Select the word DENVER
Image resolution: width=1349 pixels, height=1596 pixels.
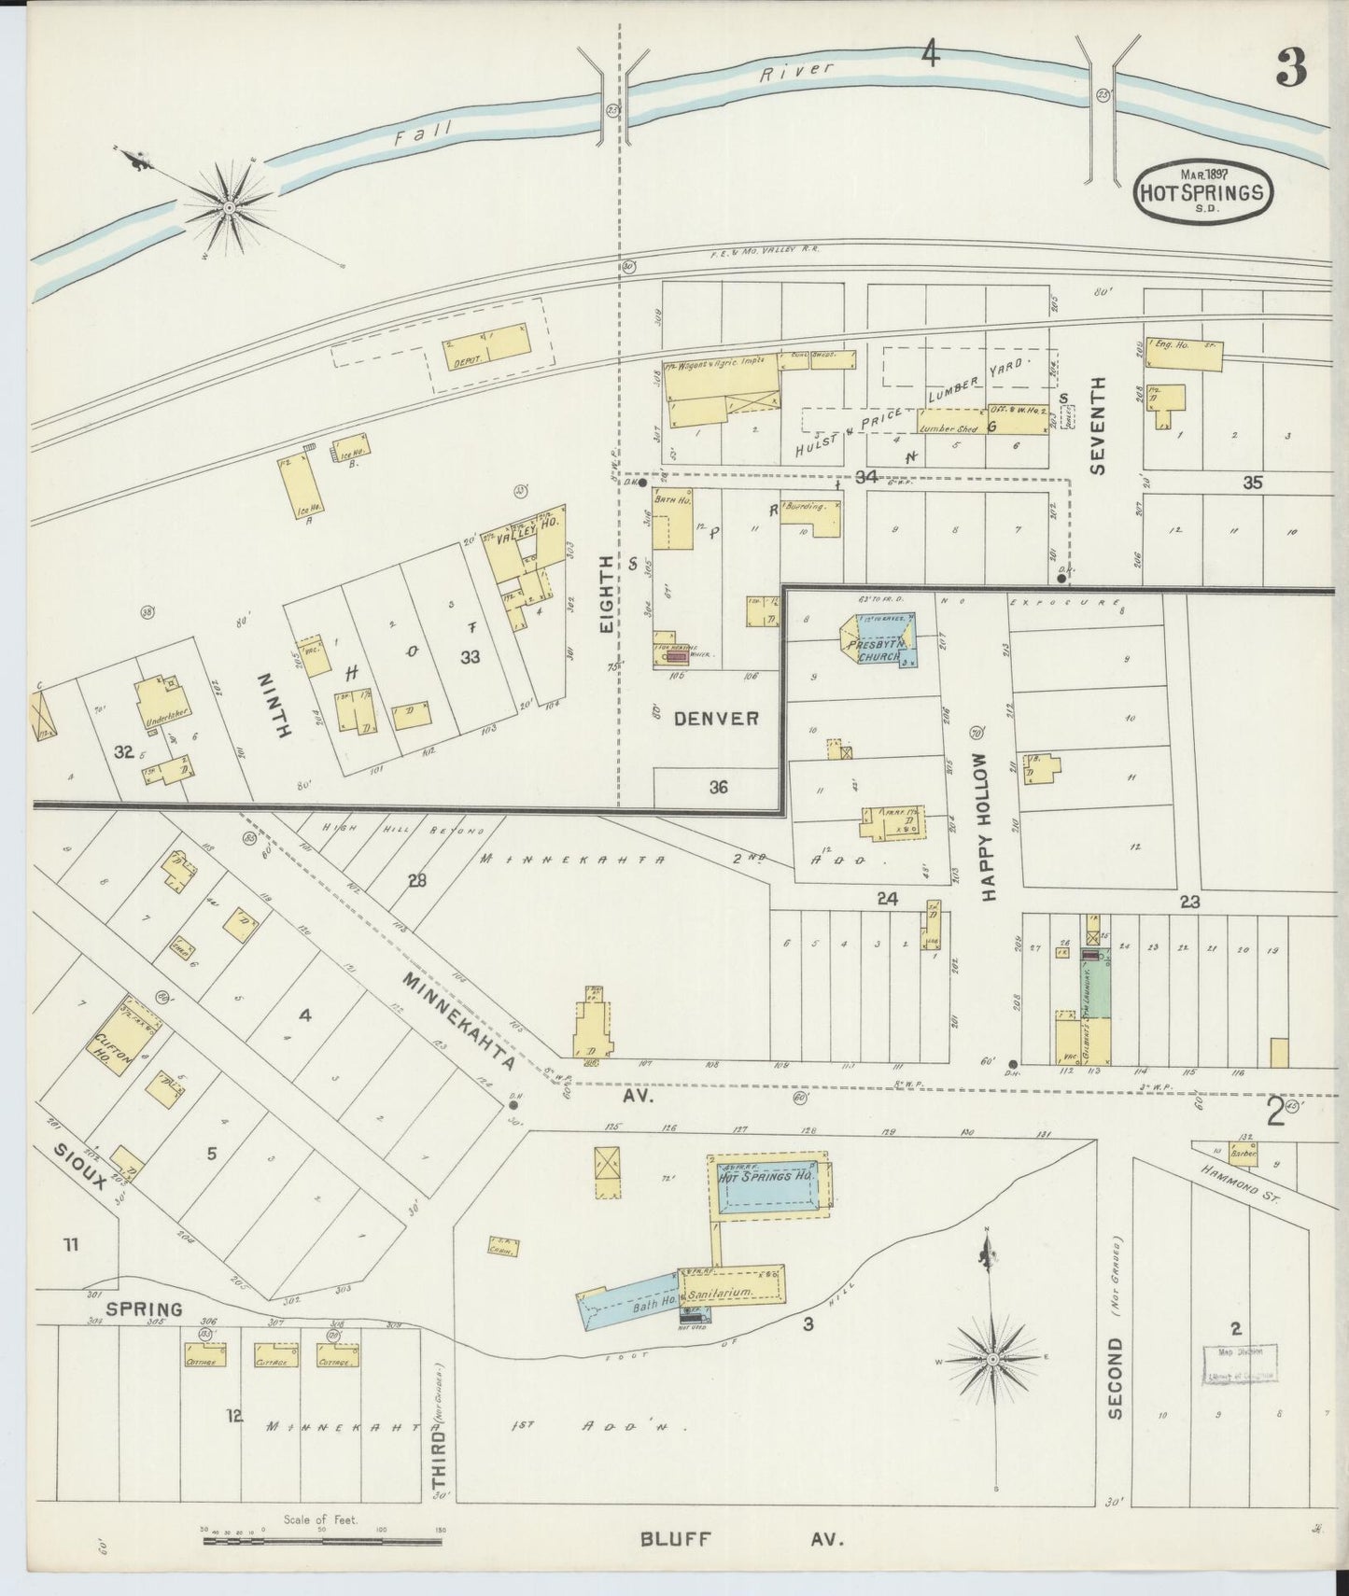coord(716,719)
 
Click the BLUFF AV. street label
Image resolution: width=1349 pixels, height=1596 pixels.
coord(742,1540)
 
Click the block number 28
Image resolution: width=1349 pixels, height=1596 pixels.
coord(416,880)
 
